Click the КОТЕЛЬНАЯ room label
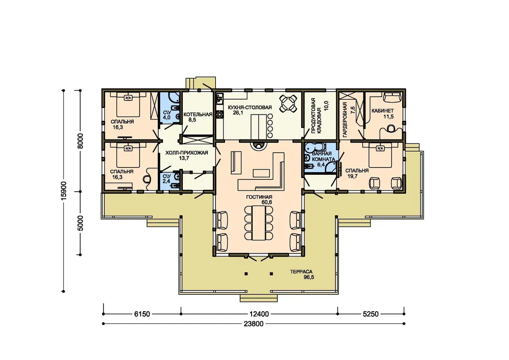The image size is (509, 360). pos(198,114)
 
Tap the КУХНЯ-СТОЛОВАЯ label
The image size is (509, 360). pos(250,107)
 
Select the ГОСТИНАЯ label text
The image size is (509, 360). pos(259,197)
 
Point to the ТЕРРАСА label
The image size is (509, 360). pos(301,272)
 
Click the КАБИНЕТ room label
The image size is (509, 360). pos(383,111)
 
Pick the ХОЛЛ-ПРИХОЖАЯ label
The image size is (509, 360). pos(187,153)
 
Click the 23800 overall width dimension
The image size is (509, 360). pos(254,324)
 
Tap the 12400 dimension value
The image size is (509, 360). pos(259,314)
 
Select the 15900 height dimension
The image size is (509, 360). pos(64,191)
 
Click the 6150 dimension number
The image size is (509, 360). pos(142,314)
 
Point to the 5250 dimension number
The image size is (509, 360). pos(371,314)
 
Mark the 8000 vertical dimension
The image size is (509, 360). pos(81,141)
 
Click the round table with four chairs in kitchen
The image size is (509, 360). pos(288,103)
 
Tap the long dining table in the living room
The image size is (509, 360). pos(259,223)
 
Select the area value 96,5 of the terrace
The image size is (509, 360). pos(309,277)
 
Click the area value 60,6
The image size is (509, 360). pos(267,202)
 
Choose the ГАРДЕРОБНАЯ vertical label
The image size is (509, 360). pos(345,120)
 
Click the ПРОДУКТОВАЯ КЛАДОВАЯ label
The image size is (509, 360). pos(316,116)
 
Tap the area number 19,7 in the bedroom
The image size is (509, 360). pos(352,176)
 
